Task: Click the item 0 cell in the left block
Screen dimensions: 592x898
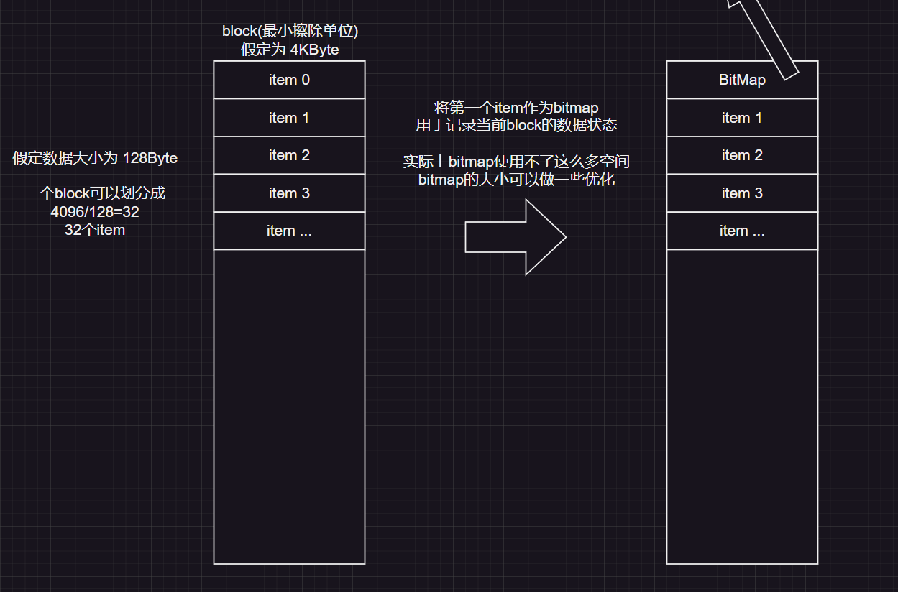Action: click(289, 80)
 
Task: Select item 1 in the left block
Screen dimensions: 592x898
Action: click(289, 118)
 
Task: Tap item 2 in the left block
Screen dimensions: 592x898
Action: click(289, 155)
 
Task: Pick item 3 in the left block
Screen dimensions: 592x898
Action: click(289, 193)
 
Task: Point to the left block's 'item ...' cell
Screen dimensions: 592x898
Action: click(289, 231)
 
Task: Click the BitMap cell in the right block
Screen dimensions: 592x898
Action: click(742, 80)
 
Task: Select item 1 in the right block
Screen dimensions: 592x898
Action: click(742, 118)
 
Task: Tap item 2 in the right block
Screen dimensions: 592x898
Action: click(742, 155)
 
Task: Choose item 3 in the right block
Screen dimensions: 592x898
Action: click(742, 193)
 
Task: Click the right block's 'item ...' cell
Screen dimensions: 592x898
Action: click(742, 231)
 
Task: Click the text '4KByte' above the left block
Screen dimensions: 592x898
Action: click(314, 50)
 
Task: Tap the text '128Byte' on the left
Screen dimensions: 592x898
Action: click(150, 158)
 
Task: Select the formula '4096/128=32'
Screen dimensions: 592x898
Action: click(95, 213)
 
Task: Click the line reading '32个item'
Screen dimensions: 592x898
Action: click(95, 231)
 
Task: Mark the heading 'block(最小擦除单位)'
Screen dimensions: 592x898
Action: click(290, 32)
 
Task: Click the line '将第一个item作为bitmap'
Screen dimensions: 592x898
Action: click(516, 108)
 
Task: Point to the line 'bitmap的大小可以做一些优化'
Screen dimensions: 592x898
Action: click(516, 180)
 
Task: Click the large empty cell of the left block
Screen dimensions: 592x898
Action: click(289, 406)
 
